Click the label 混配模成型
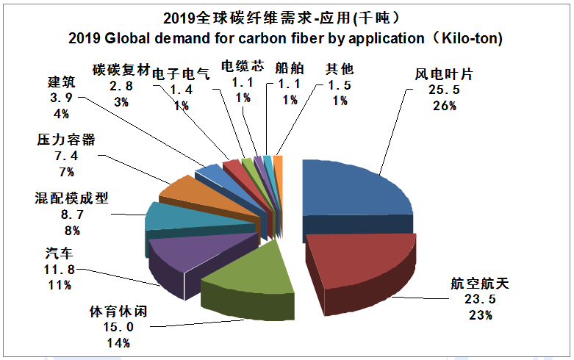71,198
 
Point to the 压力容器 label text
65,140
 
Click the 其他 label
340,68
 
